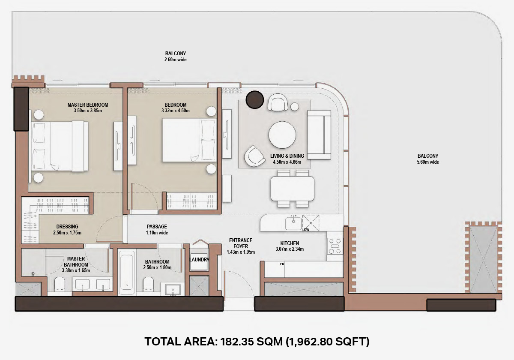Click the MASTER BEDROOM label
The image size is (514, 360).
[x=88, y=105]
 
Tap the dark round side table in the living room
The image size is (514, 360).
[x=254, y=99]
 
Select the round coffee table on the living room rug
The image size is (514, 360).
[x=282, y=135]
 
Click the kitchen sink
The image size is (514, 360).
[x=293, y=224]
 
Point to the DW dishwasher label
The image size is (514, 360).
[x=307, y=230]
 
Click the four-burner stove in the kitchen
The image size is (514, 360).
[x=335, y=246]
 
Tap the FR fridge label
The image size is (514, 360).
[x=282, y=264]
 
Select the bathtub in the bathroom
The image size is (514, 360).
[x=127, y=273]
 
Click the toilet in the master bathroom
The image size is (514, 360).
[x=60, y=284]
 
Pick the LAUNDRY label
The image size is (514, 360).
[x=199, y=260]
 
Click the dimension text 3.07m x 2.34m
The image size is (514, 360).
[x=290, y=249]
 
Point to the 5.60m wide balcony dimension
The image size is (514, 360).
[x=428, y=162]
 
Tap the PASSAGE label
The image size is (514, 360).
[x=157, y=227]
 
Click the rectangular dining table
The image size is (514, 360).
[x=293, y=189]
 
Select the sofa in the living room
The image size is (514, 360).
[x=319, y=135]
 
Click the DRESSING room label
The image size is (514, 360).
[x=67, y=227]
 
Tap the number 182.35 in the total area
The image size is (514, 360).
[x=237, y=342]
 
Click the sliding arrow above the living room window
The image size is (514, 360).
[x=298, y=81]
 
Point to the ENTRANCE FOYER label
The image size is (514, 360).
[x=241, y=243]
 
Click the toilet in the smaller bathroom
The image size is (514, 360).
[x=148, y=284]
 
